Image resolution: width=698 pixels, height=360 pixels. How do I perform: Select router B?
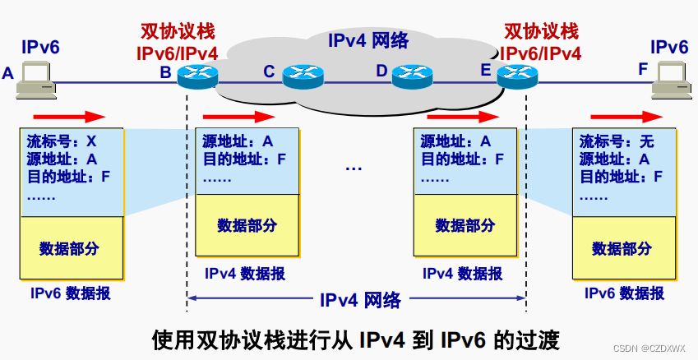pos(197,76)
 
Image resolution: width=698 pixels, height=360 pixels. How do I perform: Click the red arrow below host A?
pos(71,115)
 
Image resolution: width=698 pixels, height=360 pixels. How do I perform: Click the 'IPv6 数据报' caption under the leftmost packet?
pos(71,293)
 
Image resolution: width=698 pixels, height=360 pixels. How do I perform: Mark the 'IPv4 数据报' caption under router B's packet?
pos(245,274)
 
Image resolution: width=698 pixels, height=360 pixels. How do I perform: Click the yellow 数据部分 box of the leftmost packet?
pos(72,247)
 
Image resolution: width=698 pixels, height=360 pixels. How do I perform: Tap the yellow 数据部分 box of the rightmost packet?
pos(622,247)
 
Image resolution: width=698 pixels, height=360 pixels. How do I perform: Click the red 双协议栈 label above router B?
pos(176,33)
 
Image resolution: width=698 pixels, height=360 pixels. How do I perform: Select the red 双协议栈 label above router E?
pos(541,33)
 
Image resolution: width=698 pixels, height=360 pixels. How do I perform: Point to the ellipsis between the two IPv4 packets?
pos(354,168)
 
